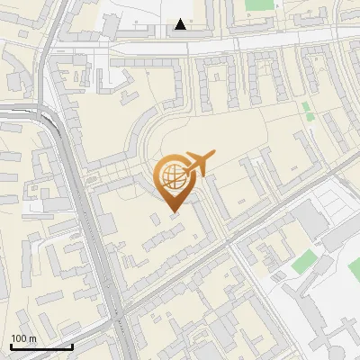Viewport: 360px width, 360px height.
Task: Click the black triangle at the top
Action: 181,24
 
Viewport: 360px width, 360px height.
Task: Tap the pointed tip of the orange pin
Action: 173,211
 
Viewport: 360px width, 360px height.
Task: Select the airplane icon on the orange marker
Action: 200,164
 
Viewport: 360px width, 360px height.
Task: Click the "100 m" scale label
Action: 23,338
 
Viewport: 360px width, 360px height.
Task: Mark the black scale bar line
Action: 40,346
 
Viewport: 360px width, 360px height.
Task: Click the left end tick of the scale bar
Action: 10,345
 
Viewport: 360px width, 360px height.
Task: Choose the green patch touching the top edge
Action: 259,4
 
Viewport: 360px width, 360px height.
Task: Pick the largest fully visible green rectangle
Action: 305,262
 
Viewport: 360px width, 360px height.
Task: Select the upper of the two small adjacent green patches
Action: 306,107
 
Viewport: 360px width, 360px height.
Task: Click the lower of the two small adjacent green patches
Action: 310,116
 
